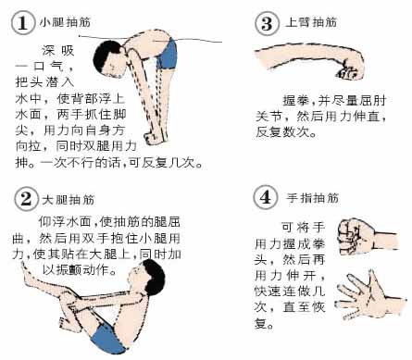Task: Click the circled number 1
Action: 23,22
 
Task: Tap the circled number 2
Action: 26,199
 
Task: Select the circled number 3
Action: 267,22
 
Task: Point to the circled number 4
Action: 266,197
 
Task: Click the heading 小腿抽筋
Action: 65,22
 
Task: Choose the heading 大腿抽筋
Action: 69,200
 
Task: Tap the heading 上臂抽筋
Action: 311,22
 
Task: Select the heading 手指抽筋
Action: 313,197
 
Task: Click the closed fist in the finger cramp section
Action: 356,237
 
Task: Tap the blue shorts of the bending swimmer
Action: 168,54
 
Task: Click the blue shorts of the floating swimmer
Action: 106,338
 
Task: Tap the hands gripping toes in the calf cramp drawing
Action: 154,138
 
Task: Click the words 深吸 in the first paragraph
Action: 58,50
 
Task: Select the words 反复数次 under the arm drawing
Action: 282,131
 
